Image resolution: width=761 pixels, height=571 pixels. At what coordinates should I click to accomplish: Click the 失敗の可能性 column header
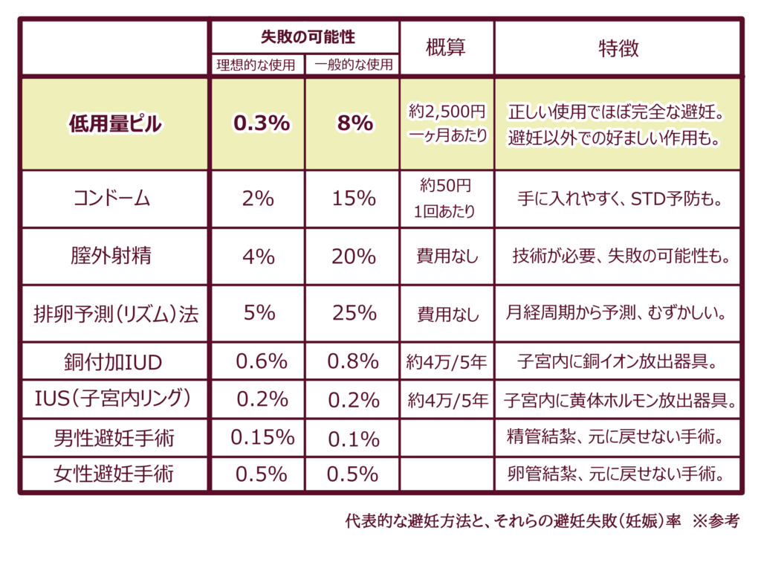pos(308,37)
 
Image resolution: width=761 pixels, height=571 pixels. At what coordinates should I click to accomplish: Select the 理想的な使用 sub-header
pos(256,65)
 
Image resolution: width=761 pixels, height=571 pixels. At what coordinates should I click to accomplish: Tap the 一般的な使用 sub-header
pos(353,65)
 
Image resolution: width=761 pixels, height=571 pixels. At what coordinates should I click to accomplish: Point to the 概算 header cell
pos(446,48)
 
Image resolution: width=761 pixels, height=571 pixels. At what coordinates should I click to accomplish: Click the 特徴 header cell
pos(618,48)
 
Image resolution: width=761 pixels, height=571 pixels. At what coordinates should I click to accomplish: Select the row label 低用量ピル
pos(115,124)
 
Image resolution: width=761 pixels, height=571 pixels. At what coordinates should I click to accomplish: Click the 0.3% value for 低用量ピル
pos(262,123)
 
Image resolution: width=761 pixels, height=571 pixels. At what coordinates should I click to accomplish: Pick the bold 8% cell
pos(355,123)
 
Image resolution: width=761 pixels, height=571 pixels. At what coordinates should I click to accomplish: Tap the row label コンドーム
pos(111,198)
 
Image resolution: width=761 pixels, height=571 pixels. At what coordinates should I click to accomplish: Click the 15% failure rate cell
pos(354,198)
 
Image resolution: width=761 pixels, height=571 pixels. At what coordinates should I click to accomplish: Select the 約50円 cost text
pos(446,185)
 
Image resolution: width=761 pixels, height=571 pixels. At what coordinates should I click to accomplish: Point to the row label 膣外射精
pos(111,256)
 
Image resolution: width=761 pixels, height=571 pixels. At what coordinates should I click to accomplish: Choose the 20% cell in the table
pos(354,257)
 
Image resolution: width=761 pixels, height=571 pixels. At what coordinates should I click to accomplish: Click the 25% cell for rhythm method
pos(354,313)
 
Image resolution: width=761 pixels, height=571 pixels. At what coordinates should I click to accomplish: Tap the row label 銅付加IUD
pos(113,362)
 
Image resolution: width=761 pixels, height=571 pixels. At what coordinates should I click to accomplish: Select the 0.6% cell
pos(262,361)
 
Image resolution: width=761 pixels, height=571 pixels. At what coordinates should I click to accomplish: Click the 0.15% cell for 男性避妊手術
pos(262,437)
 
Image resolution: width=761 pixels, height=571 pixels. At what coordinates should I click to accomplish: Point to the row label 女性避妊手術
pos(114,474)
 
